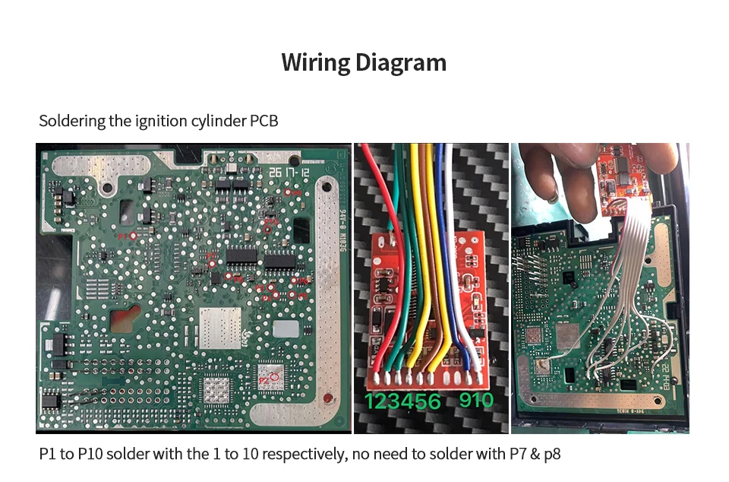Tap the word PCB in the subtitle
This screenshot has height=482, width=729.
(264, 121)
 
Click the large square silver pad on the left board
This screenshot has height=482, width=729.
(219, 328)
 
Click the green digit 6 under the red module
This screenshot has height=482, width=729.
(433, 401)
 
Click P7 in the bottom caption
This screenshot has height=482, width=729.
(513, 455)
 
